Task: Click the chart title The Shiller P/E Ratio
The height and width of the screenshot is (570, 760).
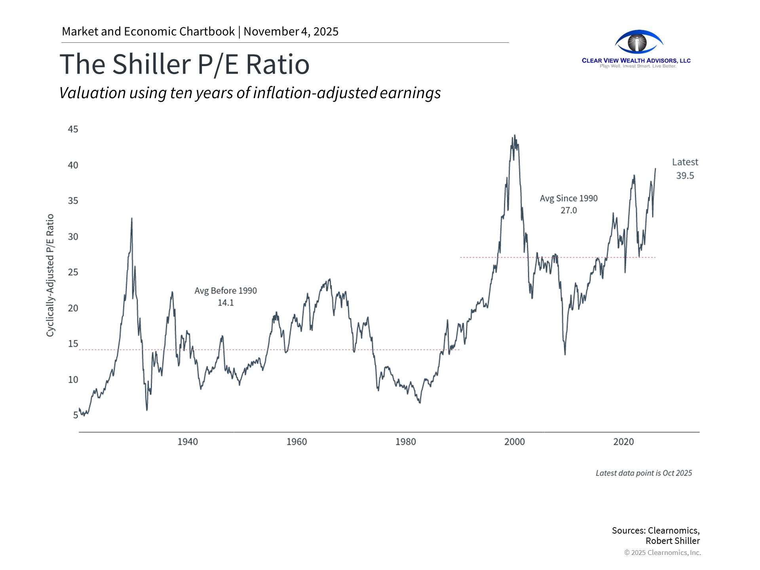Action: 184,64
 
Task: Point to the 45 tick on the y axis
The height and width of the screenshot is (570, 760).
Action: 73,129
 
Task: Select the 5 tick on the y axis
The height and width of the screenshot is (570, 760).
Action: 75,415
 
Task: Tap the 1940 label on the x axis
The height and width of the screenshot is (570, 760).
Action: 187,442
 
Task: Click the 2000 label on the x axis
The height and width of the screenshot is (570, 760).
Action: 514,442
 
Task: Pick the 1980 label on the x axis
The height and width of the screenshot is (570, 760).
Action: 405,442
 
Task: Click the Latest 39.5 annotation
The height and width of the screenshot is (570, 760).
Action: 685,169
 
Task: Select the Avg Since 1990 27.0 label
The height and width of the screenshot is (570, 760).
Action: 568,204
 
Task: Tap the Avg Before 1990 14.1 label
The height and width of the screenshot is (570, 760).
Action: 226,296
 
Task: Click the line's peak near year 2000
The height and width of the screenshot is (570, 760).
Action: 514,136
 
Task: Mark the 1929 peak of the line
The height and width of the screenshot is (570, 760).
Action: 132,218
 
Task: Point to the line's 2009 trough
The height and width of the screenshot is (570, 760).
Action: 565,354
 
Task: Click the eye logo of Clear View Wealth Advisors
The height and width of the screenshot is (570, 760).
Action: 638,42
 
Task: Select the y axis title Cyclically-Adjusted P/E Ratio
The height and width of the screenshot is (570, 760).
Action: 50,275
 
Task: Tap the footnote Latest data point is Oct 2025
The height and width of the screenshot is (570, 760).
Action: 644,473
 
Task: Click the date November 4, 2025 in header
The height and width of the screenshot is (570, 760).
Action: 291,32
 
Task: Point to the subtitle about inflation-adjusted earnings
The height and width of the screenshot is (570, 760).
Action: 250,93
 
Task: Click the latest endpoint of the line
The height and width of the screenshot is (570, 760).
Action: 655,169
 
